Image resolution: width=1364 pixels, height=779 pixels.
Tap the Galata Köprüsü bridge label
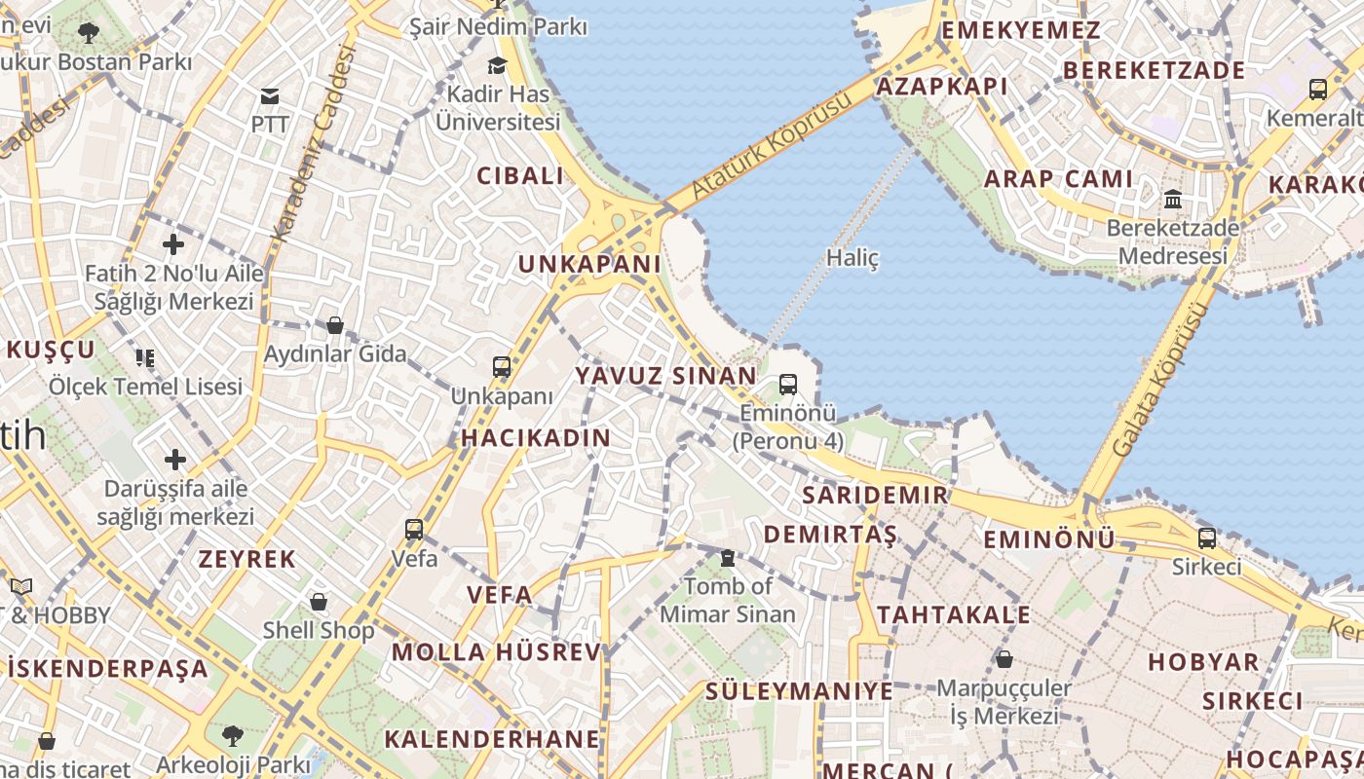[x=1160, y=380]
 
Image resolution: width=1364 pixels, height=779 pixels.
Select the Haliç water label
[x=852, y=258]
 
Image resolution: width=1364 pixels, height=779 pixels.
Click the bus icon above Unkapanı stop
[x=502, y=367]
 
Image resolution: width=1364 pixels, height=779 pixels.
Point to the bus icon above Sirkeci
[x=1207, y=538]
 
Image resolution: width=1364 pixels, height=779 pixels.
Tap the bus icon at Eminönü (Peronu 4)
[x=788, y=385]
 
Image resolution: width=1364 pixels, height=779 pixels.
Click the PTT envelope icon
[x=270, y=95]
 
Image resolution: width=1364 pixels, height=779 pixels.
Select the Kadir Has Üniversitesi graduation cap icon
[x=498, y=65]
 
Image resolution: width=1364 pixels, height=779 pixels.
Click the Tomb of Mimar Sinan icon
[x=727, y=558]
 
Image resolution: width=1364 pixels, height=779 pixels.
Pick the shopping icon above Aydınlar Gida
[x=335, y=324]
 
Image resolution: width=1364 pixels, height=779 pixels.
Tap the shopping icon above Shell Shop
[x=319, y=602]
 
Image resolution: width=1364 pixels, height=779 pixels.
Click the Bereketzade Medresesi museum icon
[x=1173, y=200]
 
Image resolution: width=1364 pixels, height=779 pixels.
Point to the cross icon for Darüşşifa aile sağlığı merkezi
[x=175, y=459]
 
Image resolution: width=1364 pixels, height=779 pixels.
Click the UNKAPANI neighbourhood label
[x=589, y=264]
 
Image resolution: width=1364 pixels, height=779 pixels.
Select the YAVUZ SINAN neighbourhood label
[x=665, y=376]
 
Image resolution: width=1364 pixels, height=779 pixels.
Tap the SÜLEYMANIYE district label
[x=799, y=691]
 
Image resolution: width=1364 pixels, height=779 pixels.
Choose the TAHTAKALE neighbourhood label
[x=953, y=614]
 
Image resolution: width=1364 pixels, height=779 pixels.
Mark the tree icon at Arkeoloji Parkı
[x=232, y=735]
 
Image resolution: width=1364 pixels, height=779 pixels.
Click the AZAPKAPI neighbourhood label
[x=942, y=87]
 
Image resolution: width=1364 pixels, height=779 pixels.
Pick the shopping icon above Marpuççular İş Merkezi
[x=1004, y=659]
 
